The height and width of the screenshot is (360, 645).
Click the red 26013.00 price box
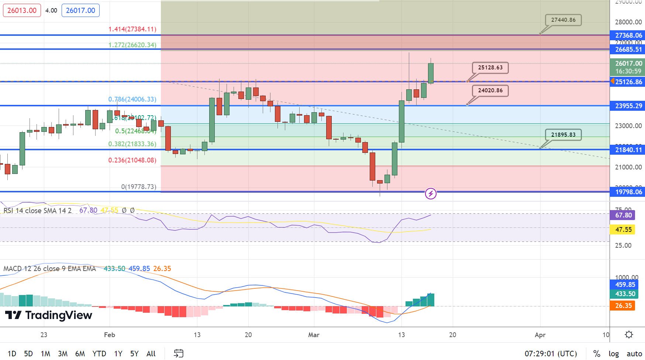(x=22, y=10)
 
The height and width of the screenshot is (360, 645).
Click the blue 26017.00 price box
(x=80, y=10)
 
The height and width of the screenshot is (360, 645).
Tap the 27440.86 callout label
(x=563, y=20)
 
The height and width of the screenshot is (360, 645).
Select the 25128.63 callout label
(x=490, y=68)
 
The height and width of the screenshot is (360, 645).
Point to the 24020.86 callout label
(x=490, y=90)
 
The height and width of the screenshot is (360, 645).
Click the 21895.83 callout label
(x=563, y=135)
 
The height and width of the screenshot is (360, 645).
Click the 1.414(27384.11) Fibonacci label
(x=132, y=29)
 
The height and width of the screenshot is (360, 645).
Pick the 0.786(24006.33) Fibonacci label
(x=132, y=99)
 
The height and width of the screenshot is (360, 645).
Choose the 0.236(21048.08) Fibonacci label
(x=132, y=160)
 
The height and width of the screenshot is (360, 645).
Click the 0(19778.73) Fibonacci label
(x=138, y=187)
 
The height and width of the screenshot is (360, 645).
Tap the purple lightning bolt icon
(x=431, y=193)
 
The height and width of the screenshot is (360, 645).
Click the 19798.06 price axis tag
(x=628, y=192)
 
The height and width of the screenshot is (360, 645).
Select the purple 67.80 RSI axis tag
(x=623, y=215)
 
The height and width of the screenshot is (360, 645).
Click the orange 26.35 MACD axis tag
(x=623, y=306)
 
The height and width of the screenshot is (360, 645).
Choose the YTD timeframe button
(x=99, y=354)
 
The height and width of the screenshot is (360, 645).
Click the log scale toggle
(x=613, y=354)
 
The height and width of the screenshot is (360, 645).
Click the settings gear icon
(x=629, y=335)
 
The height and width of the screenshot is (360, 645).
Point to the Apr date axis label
(x=540, y=335)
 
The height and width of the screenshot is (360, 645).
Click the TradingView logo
(x=48, y=315)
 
